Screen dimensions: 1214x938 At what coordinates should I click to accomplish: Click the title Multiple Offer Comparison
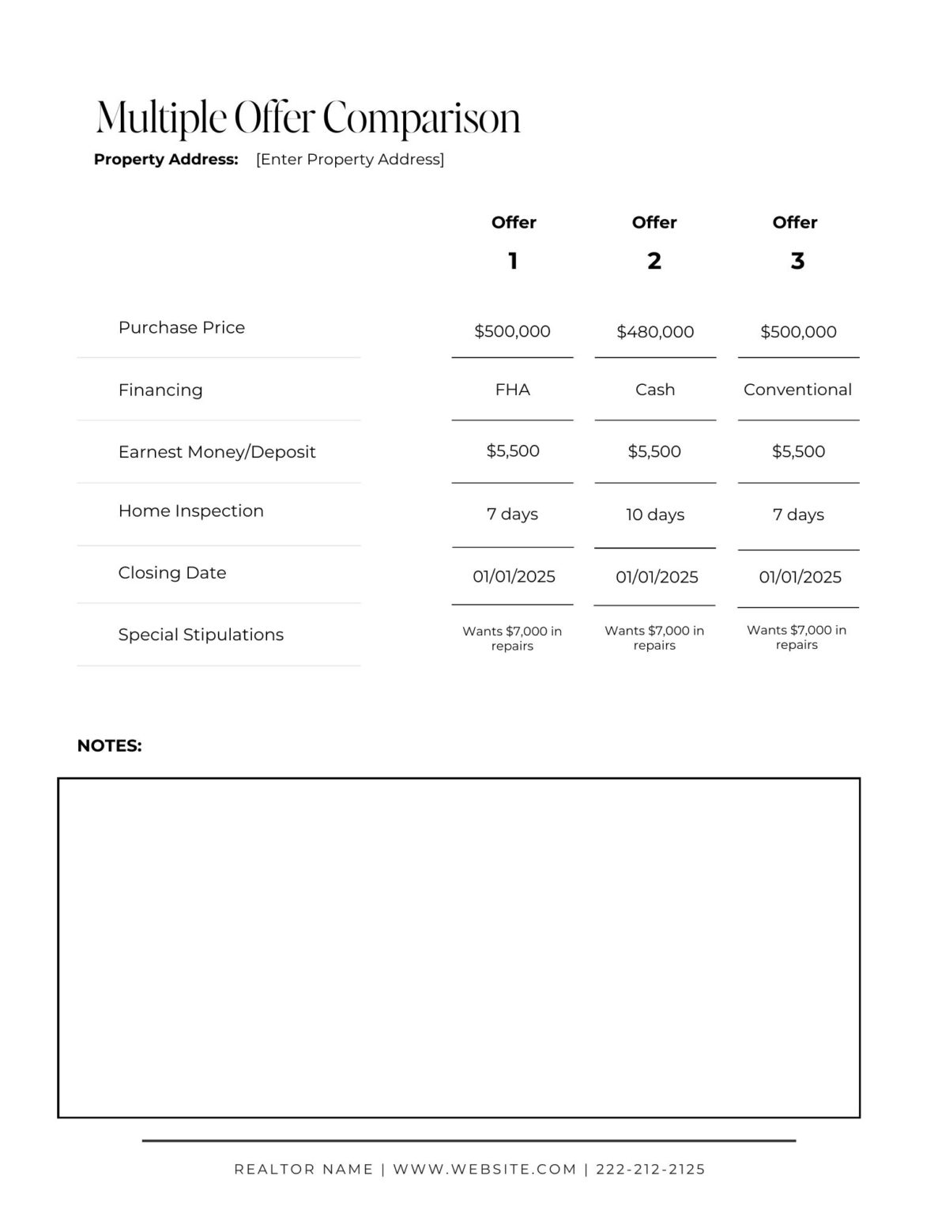tap(307, 119)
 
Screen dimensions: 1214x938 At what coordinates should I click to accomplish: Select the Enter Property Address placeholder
tap(350, 160)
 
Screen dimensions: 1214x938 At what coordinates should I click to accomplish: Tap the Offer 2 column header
tap(654, 240)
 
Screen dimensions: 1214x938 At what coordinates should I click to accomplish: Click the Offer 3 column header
tap(795, 240)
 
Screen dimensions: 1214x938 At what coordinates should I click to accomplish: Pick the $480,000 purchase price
tap(655, 332)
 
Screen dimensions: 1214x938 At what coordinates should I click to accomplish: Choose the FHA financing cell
tap(512, 390)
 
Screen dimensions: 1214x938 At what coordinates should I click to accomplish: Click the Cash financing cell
tap(655, 390)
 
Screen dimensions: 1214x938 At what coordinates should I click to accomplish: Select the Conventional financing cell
tap(797, 390)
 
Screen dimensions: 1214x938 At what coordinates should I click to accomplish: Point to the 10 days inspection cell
tap(655, 515)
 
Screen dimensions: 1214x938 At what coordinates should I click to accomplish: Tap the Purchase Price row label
tap(182, 327)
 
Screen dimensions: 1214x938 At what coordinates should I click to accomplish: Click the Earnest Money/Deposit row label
tap(217, 452)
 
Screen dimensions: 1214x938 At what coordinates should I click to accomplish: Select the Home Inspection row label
tap(191, 511)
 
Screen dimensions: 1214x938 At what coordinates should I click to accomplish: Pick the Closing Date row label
tap(172, 573)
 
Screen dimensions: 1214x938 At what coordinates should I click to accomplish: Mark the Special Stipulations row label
tap(201, 635)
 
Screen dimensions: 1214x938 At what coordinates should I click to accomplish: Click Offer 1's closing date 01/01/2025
tap(514, 577)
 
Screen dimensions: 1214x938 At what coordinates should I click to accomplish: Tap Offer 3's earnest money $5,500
tap(798, 451)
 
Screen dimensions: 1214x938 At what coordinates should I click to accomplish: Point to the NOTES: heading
tap(109, 745)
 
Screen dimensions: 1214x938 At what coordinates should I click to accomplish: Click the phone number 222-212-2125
tap(650, 1169)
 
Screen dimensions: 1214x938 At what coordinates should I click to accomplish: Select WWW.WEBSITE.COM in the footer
tap(484, 1169)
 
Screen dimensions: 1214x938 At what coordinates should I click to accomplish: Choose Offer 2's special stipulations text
tap(654, 638)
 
